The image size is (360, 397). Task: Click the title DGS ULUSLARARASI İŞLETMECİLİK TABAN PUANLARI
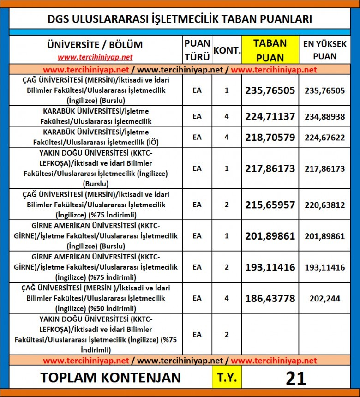pos(180,19)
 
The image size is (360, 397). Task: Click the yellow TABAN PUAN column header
pos(270,50)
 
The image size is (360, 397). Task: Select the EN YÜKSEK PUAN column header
pos(324,50)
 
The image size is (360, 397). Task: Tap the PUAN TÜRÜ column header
pos(197,50)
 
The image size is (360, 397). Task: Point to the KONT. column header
pos(227,50)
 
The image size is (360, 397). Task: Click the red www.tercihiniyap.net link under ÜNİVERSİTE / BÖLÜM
pos(95,57)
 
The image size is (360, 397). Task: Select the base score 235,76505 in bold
pos(270,90)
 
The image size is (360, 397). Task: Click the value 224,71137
pos(270,116)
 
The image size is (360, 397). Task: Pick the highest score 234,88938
pos(324,116)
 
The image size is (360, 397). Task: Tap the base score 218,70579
pos(270,137)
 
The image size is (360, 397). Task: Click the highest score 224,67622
pos(324,137)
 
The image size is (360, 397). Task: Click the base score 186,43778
pos(270,298)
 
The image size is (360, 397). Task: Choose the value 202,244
pos(324,299)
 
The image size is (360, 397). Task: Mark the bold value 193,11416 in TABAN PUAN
pos(270,267)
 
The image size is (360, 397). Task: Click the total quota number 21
pos(296,378)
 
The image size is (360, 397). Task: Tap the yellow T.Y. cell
pos(227,378)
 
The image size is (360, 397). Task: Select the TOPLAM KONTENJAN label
pos(110,378)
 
